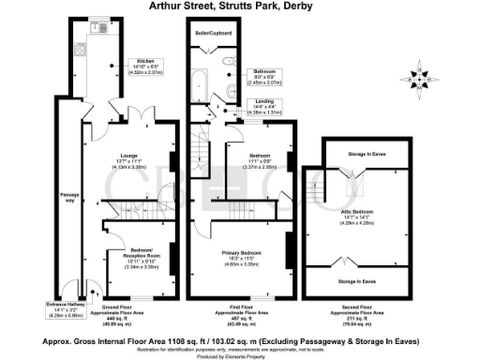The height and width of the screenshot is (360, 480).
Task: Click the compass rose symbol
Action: coord(420,77)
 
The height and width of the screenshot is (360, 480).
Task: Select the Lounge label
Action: coord(130,155)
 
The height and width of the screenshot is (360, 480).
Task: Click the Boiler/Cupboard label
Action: coord(213,35)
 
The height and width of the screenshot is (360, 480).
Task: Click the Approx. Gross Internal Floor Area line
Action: coord(240,331)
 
